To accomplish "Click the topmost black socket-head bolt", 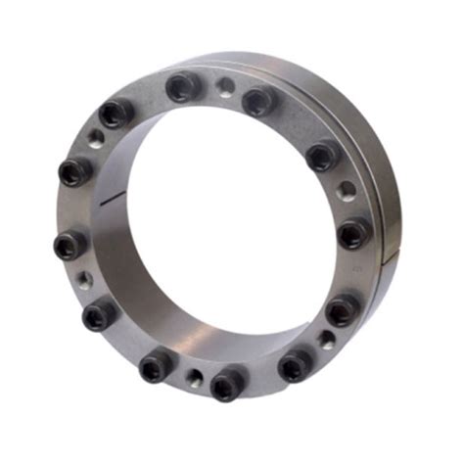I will click(x=183, y=87).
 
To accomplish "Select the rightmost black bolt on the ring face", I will click(x=353, y=233).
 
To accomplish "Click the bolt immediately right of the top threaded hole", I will click(x=257, y=100).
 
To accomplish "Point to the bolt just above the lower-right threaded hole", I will click(x=340, y=311).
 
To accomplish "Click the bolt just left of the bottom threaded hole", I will click(x=157, y=368).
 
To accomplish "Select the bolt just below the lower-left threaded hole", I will click(x=99, y=314).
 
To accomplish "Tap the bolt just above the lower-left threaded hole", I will click(x=68, y=246).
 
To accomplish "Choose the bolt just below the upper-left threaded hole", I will click(x=75, y=172).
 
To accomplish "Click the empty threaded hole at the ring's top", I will click(x=225, y=87).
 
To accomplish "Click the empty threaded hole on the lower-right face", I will click(x=324, y=342).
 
